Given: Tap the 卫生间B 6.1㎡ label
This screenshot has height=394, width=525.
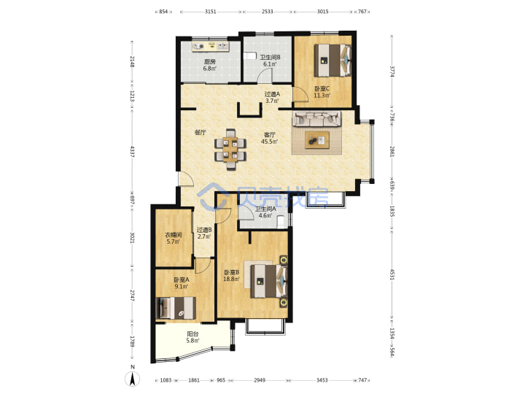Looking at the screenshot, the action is tap(271, 61).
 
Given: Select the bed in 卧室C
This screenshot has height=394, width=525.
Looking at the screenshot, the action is tap(333, 61).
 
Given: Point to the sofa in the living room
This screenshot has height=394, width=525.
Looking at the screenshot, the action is tap(316, 118).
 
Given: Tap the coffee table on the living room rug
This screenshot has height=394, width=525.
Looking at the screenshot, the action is tap(317, 139).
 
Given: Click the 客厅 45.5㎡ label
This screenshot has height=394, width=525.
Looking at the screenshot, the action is tap(270, 138).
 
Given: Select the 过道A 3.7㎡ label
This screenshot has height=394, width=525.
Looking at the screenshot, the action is tap(272, 98).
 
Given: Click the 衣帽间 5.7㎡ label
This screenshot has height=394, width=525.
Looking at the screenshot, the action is tap(174, 238).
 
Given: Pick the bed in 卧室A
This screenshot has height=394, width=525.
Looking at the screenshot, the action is tap(176, 308).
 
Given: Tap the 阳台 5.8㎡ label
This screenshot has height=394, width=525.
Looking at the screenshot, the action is tap(192, 337).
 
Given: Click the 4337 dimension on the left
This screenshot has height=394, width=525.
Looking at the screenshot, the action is tap(132, 152).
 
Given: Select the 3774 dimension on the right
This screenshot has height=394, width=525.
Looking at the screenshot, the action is tap(392, 72).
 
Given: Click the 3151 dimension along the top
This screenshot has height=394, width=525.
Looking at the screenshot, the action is tap(210, 12).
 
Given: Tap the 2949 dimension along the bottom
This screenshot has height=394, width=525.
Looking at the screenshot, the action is tap(260, 380).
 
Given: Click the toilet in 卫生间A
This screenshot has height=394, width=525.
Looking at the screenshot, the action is tap(281, 222).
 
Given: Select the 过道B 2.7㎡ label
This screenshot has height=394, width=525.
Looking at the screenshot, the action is tap(204, 233).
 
